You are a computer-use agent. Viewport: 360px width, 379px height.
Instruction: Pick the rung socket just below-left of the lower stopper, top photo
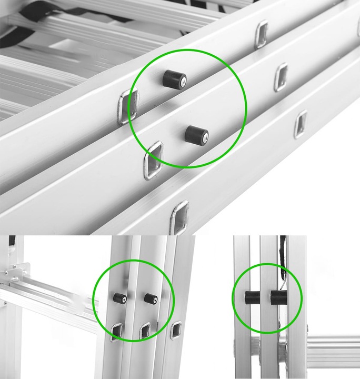coord(153,159)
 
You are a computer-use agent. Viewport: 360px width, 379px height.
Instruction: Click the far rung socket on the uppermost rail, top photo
coord(261,34)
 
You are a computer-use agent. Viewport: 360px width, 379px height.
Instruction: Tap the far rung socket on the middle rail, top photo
coord(281,77)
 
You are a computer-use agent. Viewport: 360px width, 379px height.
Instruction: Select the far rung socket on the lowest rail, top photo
coord(301,124)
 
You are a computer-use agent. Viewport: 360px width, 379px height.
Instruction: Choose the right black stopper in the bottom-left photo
coord(151,298)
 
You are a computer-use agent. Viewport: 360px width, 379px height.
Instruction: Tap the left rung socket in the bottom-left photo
coord(116,331)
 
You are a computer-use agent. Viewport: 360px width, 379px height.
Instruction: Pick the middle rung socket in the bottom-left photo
coord(145,331)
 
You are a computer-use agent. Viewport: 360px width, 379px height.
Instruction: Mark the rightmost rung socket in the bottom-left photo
coord(176,330)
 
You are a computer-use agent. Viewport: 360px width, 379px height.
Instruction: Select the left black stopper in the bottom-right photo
coord(249,297)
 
